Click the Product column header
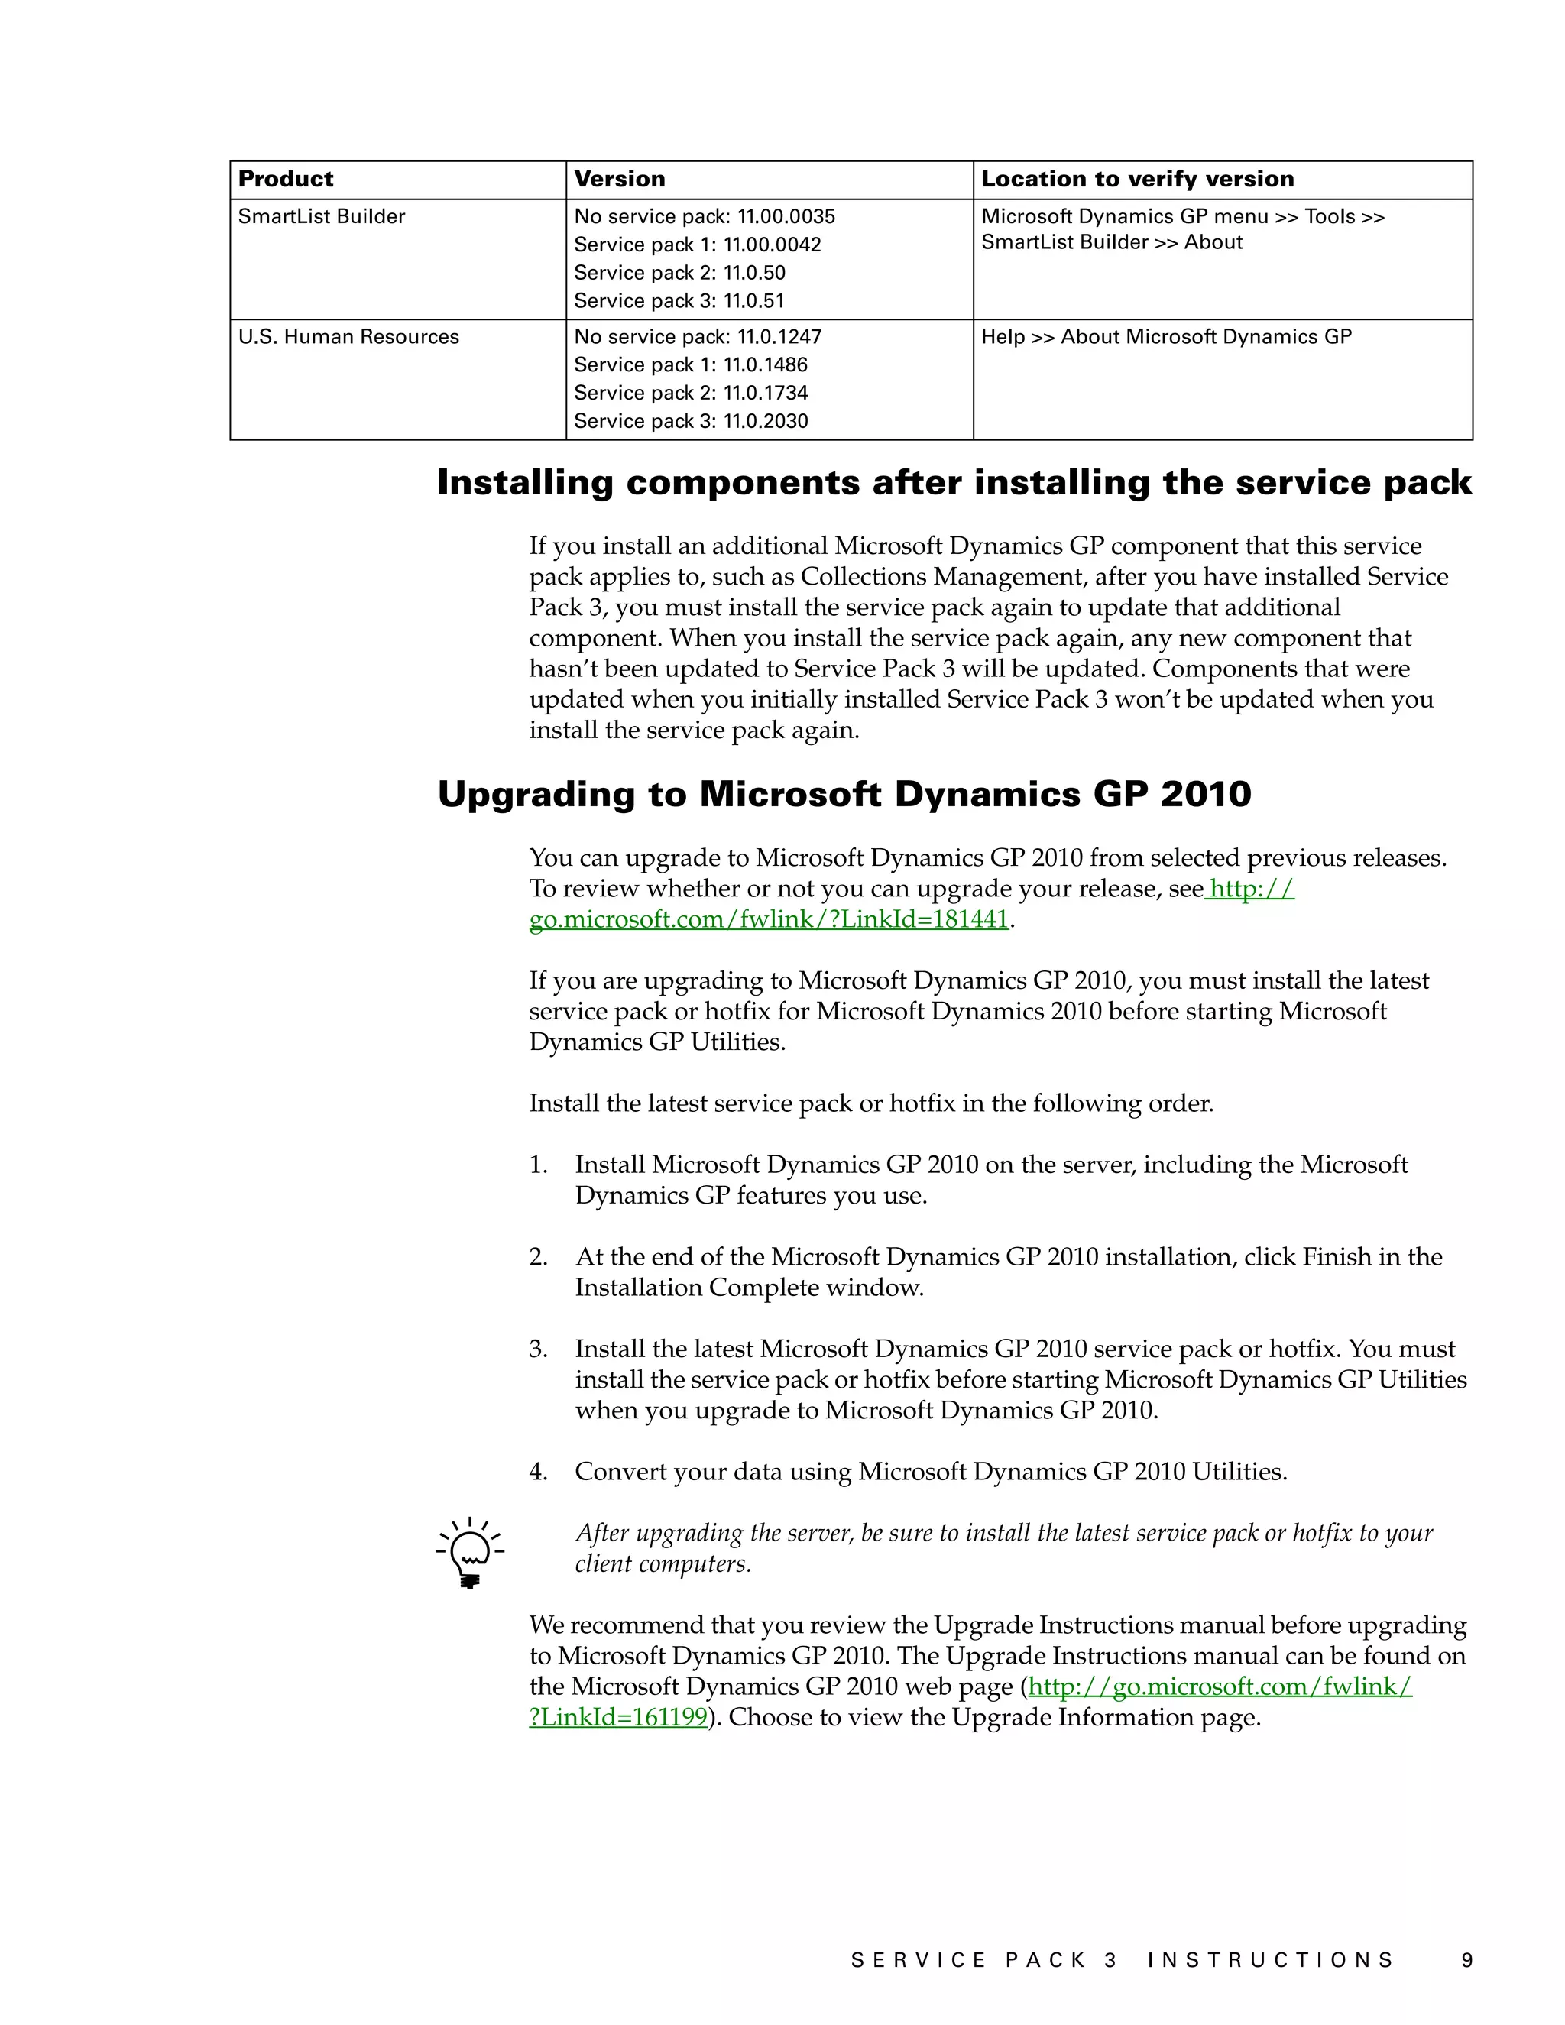click(286, 179)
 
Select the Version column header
click(619, 179)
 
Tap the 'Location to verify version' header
click(1136, 179)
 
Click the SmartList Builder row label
click(322, 217)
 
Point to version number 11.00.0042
click(771, 245)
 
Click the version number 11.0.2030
click(765, 422)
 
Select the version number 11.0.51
click(753, 301)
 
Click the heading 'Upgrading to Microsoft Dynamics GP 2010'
click(844, 795)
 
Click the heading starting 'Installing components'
click(954, 483)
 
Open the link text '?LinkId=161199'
click(618, 1717)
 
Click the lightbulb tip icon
click(470, 1553)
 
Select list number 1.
click(538, 1165)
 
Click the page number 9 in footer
click(1466, 1960)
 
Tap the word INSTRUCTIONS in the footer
click(1269, 1960)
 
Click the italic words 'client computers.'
click(663, 1564)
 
